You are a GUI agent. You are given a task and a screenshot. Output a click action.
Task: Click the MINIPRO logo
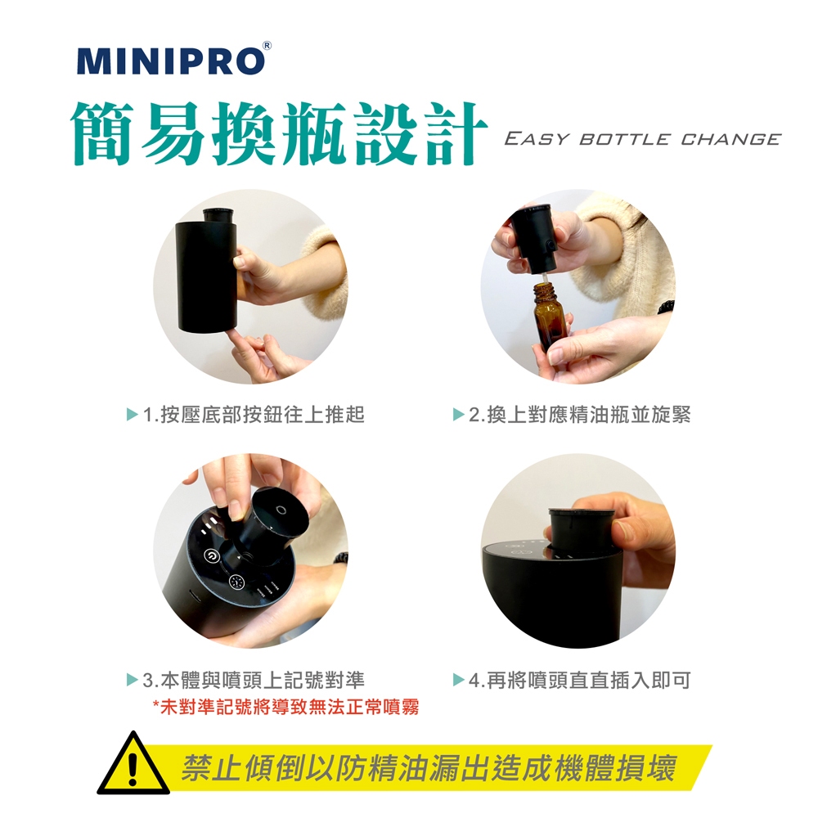point(171,61)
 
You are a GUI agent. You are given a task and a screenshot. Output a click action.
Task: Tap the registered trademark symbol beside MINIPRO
point(267,45)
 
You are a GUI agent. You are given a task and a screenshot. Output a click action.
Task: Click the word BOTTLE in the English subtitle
point(624,139)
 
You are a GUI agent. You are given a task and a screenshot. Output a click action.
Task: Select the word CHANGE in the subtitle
point(730,139)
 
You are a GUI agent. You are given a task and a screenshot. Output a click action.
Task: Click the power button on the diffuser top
point(211,556)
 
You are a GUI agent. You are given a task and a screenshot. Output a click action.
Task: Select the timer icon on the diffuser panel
point(237,582)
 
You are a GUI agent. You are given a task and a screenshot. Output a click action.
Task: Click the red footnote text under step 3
point(285,708)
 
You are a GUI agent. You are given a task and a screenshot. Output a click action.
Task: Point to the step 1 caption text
point(254,415)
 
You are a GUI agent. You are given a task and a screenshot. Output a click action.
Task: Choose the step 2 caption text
point(580,415)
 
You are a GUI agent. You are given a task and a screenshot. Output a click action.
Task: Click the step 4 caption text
point(580,681)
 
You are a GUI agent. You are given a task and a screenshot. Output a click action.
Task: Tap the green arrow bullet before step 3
point(133,681)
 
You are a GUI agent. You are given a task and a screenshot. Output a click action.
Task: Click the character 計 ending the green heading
point(455,134)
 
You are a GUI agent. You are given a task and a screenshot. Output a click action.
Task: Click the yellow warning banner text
point(429,768)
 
